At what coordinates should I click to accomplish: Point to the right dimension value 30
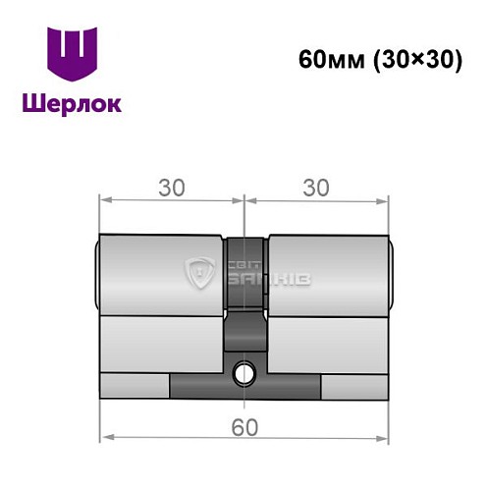(315, 187)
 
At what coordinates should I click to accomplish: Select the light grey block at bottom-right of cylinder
(353, 386)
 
